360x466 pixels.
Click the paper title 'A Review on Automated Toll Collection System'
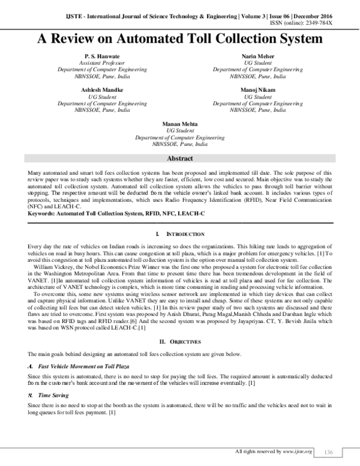179,39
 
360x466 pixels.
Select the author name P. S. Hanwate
98,55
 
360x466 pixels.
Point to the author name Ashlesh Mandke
98,88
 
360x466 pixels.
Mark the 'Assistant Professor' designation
98,62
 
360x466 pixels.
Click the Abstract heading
179,159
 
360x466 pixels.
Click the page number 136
328,451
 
